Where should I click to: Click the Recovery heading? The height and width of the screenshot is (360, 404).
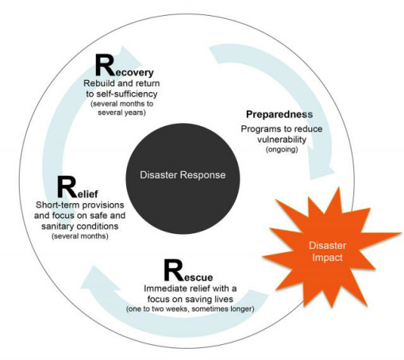pyautogui.click(x=125, y=65)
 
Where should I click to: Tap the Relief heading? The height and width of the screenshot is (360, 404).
pyautogui.click(x=78, y=187)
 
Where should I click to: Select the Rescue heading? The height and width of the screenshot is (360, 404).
pyautogui.click(x=188, y=270)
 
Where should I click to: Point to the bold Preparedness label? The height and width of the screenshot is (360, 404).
pyautogui.click(x=279, y=114)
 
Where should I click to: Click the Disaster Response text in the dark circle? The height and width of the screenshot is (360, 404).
pyautogui.click(x=183, y=175)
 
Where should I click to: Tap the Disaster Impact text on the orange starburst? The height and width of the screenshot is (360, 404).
pyautogui.click(x=328, y=251)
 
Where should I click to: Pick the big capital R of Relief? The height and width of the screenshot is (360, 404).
pyautogui.click(x=67, y=187)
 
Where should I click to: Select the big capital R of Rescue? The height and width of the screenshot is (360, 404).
pyautogui.click(x=174, y=270)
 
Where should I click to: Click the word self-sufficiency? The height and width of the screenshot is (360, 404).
pyautogui.click(x=127, y=94)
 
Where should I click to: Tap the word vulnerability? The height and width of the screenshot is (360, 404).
pyautogui.click(x=282, y=140)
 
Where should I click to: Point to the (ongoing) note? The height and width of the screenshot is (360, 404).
pyautogui.click(x=282, y=150)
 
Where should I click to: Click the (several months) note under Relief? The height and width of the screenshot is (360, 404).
pyautogui.click(x=80, y=236)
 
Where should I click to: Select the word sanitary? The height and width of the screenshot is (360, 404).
pyautogui.click(x=57, y=227)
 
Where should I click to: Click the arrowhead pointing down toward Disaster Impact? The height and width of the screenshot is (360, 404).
pyautogui.click(x=321, y=172)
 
